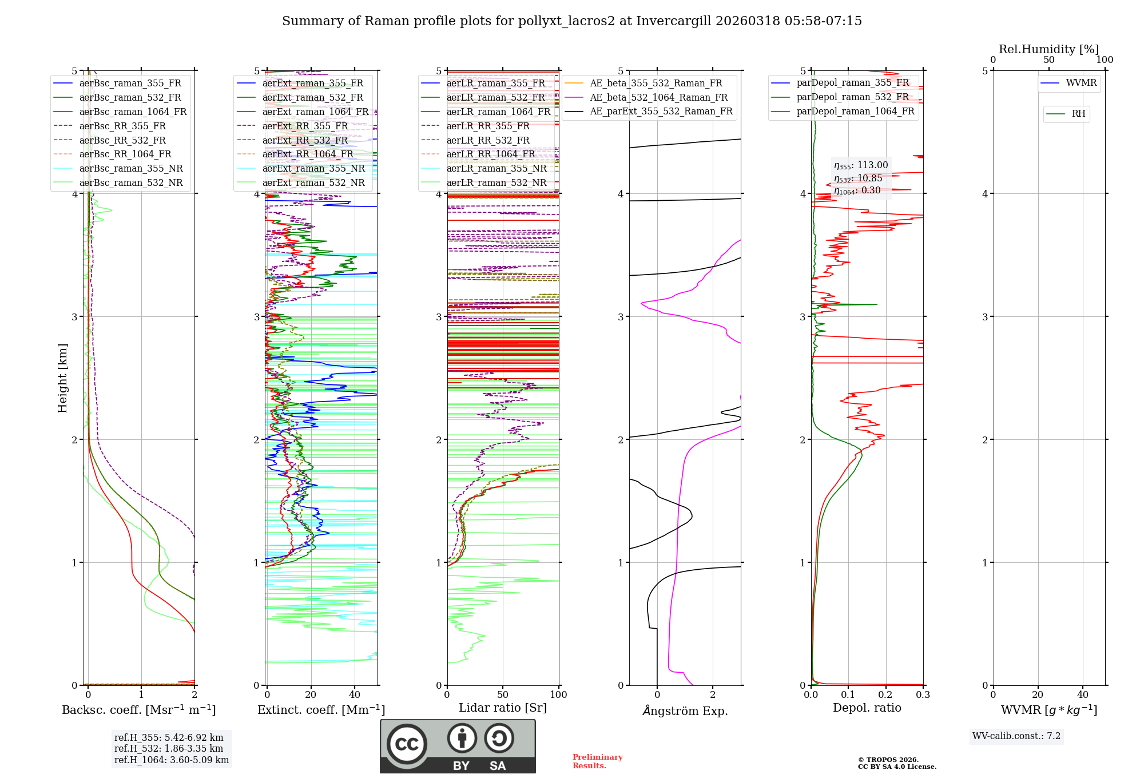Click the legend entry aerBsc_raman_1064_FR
(133, 112)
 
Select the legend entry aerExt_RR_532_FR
(305, 140)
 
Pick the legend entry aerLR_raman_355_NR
(496, 168)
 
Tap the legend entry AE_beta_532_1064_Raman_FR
(658, 97)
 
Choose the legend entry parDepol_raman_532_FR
(852, 97)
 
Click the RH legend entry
(1078, 114)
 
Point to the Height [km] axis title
(62, 378)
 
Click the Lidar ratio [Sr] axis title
(503, 708)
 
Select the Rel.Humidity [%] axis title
(1048, 49)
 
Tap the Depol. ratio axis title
(867, 708)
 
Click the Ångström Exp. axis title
(685, 710)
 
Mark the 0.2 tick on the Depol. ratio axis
(885, 694)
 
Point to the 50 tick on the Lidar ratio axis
(503, 694)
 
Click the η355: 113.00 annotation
(861, 165)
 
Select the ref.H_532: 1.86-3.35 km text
(169, 748)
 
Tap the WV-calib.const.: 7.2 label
(1016, 736)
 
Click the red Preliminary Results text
(597, 761)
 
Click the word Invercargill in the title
(673, 21)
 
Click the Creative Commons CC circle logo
(407, 744)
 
